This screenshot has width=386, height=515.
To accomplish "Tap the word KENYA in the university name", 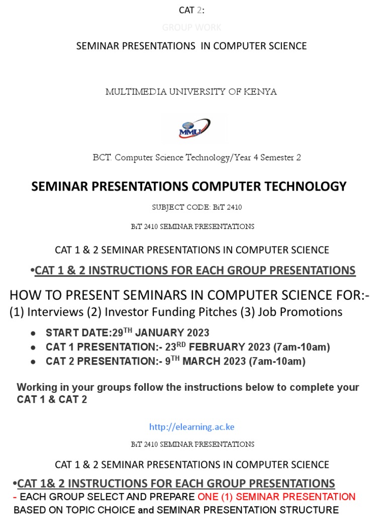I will (x=260, y=92).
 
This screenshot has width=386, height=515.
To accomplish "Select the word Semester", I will (x=275, y=157).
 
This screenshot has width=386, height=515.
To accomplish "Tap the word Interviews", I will (x=56, y=312).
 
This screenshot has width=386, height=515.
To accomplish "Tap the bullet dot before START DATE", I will (x=33, y=333).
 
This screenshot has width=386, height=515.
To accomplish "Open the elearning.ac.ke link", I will (x=191, y=427).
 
